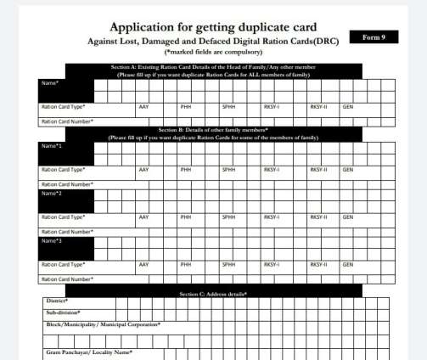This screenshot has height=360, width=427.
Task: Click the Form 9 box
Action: [374, 38]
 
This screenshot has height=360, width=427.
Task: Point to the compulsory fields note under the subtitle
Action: [213, 53]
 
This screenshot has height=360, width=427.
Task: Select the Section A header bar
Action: [213, 70]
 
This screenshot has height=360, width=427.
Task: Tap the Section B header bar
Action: [213, 133]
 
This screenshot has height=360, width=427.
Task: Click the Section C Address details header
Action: [213, 294]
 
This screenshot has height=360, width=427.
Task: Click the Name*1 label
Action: [53, 146]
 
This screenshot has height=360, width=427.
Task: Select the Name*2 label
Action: [53, 194]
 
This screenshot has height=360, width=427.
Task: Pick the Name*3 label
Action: [53, 240]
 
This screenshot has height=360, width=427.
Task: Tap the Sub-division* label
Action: [62, 313]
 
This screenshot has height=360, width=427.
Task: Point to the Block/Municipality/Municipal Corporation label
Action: [103, 324]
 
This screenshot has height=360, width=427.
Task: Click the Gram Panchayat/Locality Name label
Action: [89, 352]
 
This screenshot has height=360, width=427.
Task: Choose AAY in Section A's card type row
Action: [143, 107]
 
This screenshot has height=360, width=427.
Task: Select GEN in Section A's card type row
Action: [348, 107]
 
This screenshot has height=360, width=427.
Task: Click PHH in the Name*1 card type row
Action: [186, 170]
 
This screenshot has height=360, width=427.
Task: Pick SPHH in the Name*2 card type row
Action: [228, 217]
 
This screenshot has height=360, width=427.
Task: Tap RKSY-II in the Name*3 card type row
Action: [318, 264]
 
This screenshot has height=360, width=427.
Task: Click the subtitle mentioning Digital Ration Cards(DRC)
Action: [213, 41]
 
